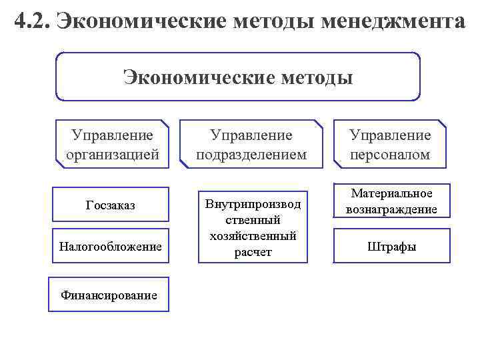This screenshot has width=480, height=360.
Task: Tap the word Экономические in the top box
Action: click(193, 78)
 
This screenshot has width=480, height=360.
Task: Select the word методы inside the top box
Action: click(311, 78)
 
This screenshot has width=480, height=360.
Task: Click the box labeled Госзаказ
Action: click(111, 205)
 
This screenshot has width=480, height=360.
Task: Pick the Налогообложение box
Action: click(111, 247)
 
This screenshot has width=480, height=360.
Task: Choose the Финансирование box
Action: click(109, 294)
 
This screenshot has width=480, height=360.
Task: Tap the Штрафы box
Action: click(392, 247)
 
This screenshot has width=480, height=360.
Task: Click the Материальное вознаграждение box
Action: click(392, 201)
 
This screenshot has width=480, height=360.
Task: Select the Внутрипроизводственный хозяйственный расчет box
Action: click(253, 227)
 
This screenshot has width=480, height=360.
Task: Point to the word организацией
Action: click(113, 155)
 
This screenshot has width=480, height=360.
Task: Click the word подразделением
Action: click(252, 155)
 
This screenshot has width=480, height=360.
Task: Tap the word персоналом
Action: click(391, 155)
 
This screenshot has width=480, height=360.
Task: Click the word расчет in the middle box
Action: click(253, 252)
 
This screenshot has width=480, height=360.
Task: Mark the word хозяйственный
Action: click(253, 236)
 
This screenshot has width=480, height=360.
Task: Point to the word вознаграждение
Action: click(392, 209)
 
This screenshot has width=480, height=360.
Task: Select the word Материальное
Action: click(392, 193)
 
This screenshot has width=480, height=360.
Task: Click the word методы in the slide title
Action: click(269, 21)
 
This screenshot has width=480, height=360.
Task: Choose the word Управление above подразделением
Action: click(251, 135)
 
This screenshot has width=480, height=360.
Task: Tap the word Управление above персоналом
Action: click(391, 135)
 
